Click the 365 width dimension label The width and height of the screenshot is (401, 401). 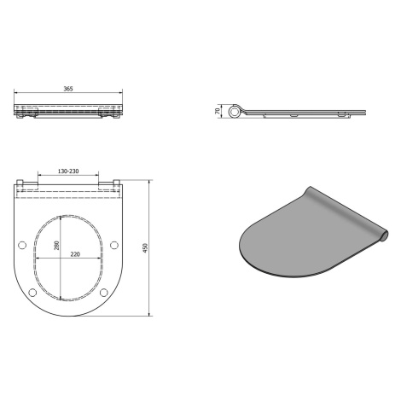[68, 89]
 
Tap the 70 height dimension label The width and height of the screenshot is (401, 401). [218, 111]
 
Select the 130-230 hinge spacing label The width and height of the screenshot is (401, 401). [68, 171]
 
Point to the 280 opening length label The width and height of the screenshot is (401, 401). [57, 246]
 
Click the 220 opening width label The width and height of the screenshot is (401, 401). [75, 254]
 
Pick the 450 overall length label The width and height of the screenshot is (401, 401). [145, 248]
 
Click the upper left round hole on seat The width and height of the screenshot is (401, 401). [22, 245]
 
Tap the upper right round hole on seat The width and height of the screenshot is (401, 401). [114, 245]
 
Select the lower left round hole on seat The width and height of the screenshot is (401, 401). [32, 293]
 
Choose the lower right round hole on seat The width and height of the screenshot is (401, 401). [104, 293]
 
